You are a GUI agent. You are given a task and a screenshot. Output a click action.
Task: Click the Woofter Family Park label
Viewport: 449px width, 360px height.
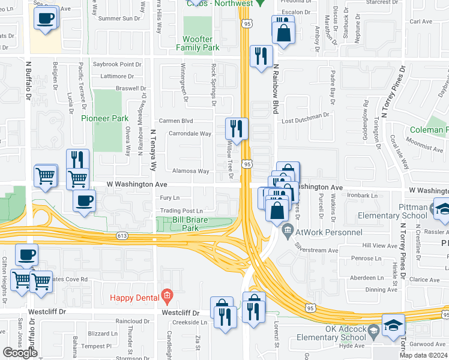[x=200, y=43]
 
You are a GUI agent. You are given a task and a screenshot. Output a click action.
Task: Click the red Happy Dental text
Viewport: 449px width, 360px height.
[x=134, y=298]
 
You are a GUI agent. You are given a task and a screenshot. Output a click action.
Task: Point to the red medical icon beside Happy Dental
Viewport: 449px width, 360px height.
[x=167, y=296]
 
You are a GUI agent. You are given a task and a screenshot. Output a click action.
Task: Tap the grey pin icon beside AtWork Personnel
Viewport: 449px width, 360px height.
[x=288, y=229]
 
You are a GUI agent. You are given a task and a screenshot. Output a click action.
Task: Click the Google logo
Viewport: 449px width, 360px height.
[x=20, y=352]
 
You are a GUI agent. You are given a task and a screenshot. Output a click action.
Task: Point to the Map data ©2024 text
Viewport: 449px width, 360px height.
[x=423, y=355]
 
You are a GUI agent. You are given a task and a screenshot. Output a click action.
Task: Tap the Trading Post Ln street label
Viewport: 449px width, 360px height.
[x=181, y=211]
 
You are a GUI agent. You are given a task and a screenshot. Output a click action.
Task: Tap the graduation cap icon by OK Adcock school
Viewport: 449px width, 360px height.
[x=393, y=325]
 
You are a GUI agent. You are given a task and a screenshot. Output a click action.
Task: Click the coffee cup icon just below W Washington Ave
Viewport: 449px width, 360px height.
[x=85, y=200]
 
